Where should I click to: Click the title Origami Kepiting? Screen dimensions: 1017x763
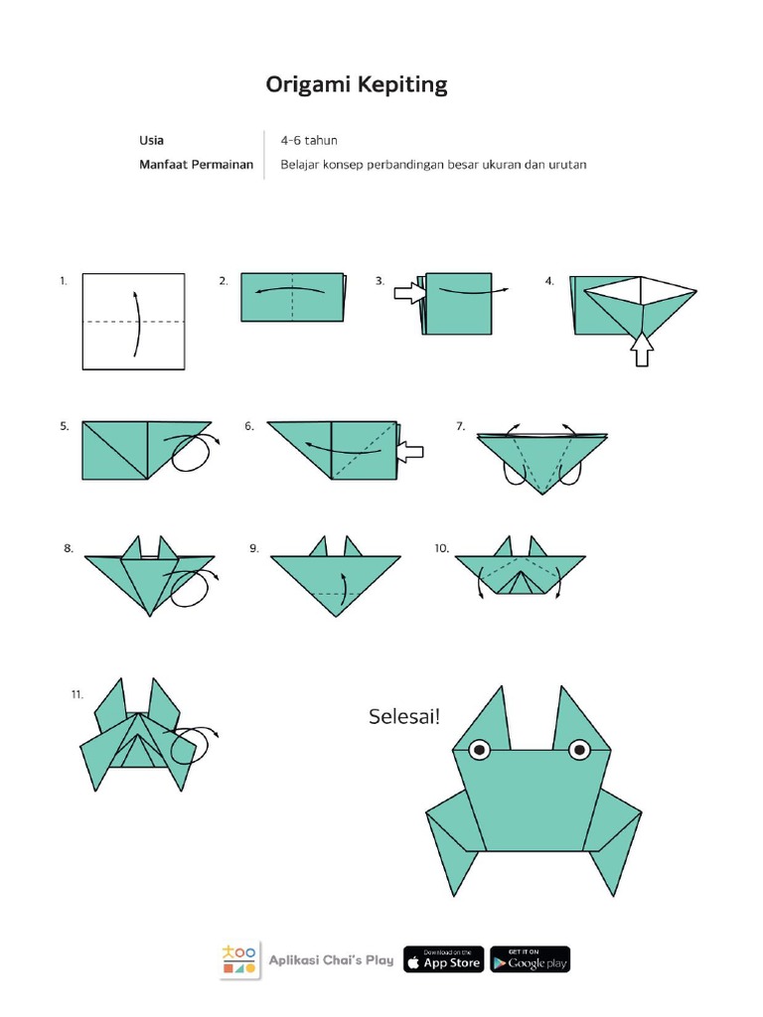pyautogui.click(x=357, y=85)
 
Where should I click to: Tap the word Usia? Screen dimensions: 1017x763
pyautogui.click(x=151, y=140)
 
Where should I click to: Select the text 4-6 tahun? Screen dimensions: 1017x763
pyautogui.click(x=309, y=140)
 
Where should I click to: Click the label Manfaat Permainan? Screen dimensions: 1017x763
pyautogui.click(x=196, y=165)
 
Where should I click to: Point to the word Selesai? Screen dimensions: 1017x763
pyautogui.click(x=403, y=716)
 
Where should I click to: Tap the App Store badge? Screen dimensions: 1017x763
pyautogui.click(x=444, y=959)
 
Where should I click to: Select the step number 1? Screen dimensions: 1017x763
pyautogui.click(x=63, y=282)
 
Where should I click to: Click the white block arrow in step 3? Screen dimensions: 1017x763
pyautogui.click(x=407, y=293)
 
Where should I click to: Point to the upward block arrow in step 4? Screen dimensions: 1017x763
pyautogui.click(x=644, y=349)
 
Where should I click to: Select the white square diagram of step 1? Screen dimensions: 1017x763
pyautogui.click(x=133, y=321)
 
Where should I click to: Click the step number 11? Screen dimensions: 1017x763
pyautogui.click(x=76, y=694)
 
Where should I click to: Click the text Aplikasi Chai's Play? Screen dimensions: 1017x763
pyautogui.click(x=332, y=960)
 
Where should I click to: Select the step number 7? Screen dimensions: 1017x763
pyautogui.click(x=461, y=426)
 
